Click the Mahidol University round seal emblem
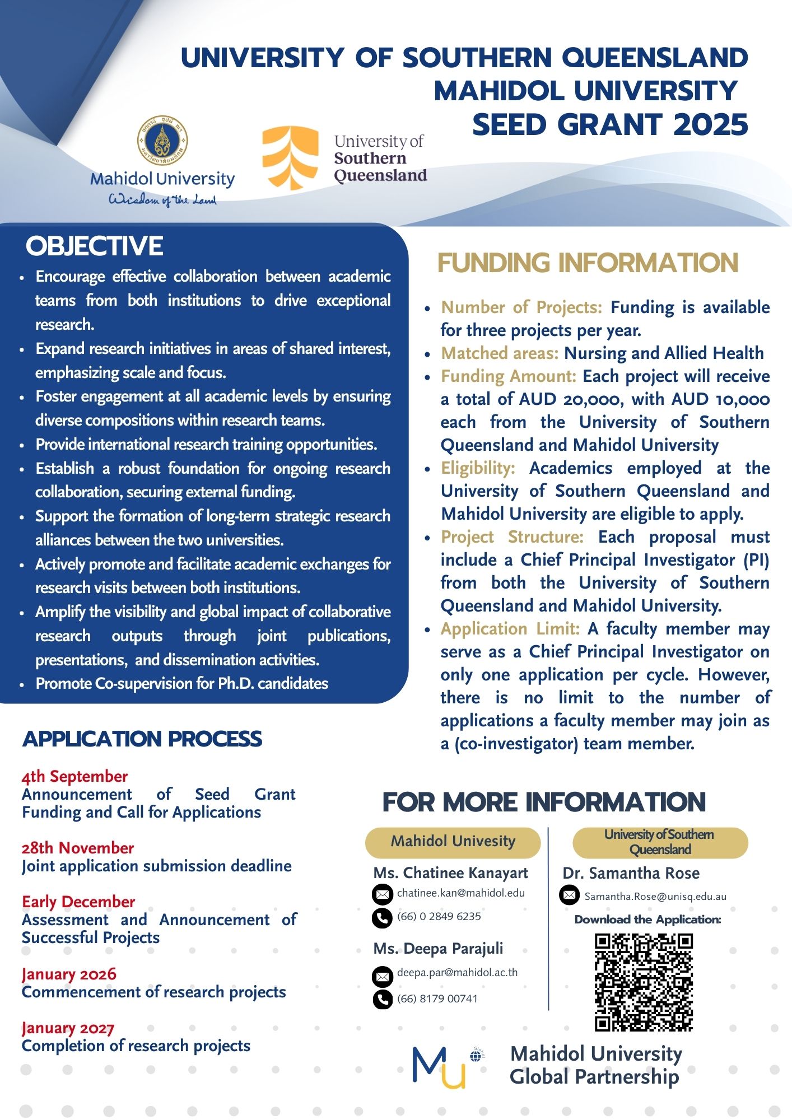tap(162, 141)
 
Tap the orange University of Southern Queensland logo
tap(291, 157)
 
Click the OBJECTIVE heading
tap(95, 246)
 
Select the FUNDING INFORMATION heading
tap(588, 263)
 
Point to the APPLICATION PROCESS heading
tap(142, 739)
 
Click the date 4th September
tap(74, 776)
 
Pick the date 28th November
tap(78, 848)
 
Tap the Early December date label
tap(78, 902)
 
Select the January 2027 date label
tap(68, 1028)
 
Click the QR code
tap(644, 982)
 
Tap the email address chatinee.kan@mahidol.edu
tap(460, 893)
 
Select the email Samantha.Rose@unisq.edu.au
tap(655, 897)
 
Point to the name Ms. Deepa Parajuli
tap(438, 949)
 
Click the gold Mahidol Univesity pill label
tap(453, 842)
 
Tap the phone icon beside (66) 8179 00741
tap(382, 999)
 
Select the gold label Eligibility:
tap(478, 468)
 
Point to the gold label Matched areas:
tap(500, 353)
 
